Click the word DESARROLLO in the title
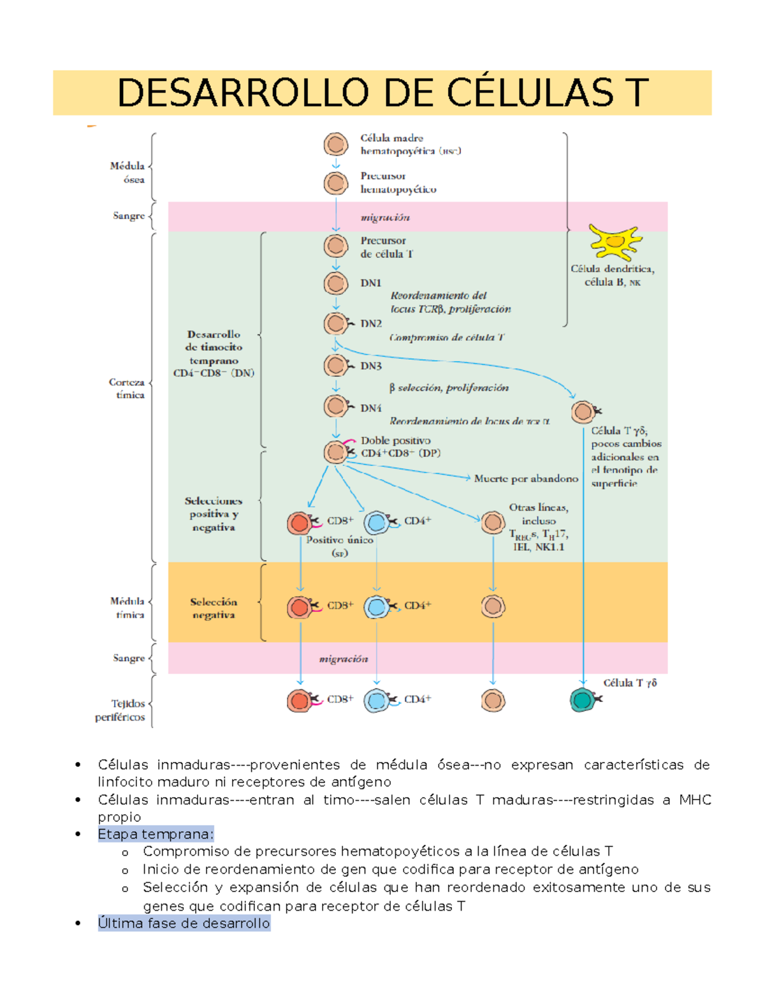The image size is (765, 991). coord(242,93)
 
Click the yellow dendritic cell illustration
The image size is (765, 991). coord(615,242)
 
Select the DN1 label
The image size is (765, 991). coord(370,283)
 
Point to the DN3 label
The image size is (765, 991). coord(370,366)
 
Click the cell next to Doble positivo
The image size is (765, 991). coord(335,452)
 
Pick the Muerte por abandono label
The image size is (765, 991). coord(526,478)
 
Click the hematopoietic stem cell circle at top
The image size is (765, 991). coord(335,145)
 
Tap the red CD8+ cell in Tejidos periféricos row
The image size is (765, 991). coord(299,700)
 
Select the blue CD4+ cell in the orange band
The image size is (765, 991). coord(377,607)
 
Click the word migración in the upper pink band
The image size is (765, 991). coord(385,218)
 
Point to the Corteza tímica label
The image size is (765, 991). coord(127,389)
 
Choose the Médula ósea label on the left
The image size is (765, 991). coord(127,172)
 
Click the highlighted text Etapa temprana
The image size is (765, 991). coord(156,834)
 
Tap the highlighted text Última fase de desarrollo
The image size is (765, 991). coord(184,923)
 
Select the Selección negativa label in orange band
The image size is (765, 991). coord(214,608)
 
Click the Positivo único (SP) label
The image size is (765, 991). coord(339,546)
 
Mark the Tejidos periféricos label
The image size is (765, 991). coord(120,710)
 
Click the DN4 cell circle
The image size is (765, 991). coord(335,406)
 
